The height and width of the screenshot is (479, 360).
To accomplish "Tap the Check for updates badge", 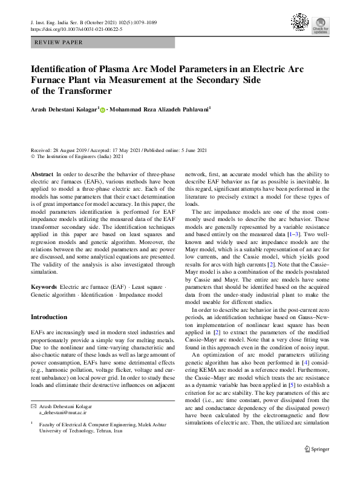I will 320,25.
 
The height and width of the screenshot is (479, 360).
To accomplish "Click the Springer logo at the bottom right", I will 317,466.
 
